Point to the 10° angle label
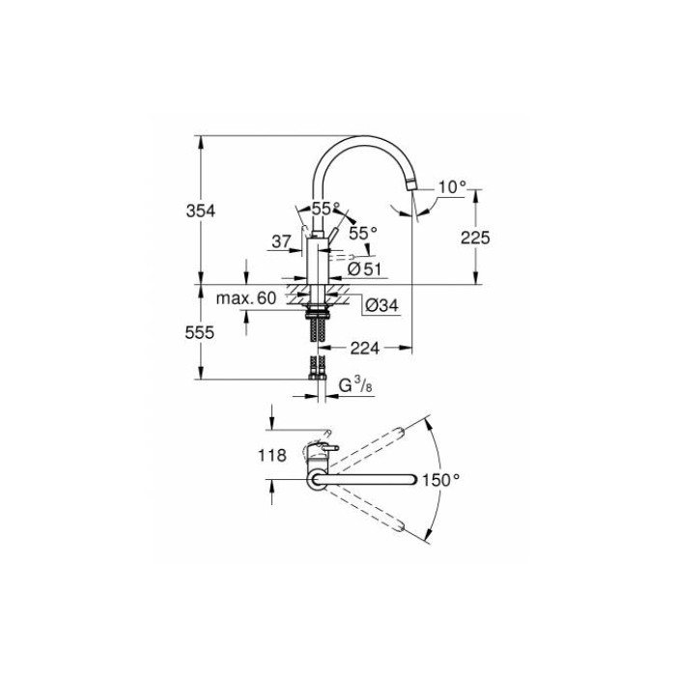pos(451,187)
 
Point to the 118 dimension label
pos(273,456)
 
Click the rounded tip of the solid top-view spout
pos(413,478)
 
